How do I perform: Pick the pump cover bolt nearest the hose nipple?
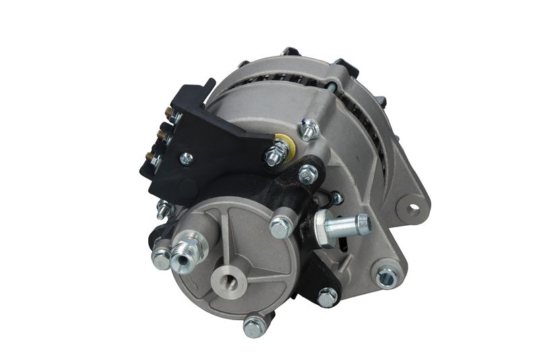click(x=280, y=227)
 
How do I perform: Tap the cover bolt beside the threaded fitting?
click(x=160, y=257)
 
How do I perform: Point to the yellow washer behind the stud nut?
click(x=282, y=144)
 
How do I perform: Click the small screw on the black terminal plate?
click(x=186, y=160)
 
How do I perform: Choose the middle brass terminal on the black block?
click(x=160, y=136)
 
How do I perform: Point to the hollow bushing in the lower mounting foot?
click(x=385, y=276)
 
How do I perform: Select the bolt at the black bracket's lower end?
click(x=327, y=295)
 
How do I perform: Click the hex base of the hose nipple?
click(x=325, y=229)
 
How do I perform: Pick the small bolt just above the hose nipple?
click(x=335, y=198)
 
